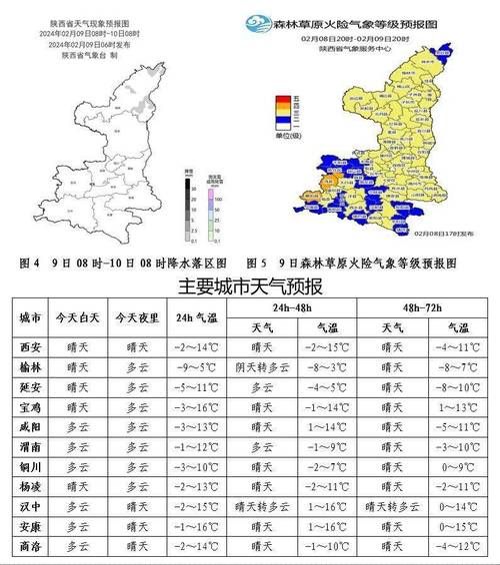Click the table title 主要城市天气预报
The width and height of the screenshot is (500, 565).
point(249,287)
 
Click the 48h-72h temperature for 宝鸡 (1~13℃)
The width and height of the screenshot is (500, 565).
point(458,407)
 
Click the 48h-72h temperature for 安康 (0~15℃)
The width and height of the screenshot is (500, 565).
point(458,527)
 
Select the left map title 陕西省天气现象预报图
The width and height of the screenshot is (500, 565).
point(94,22)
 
